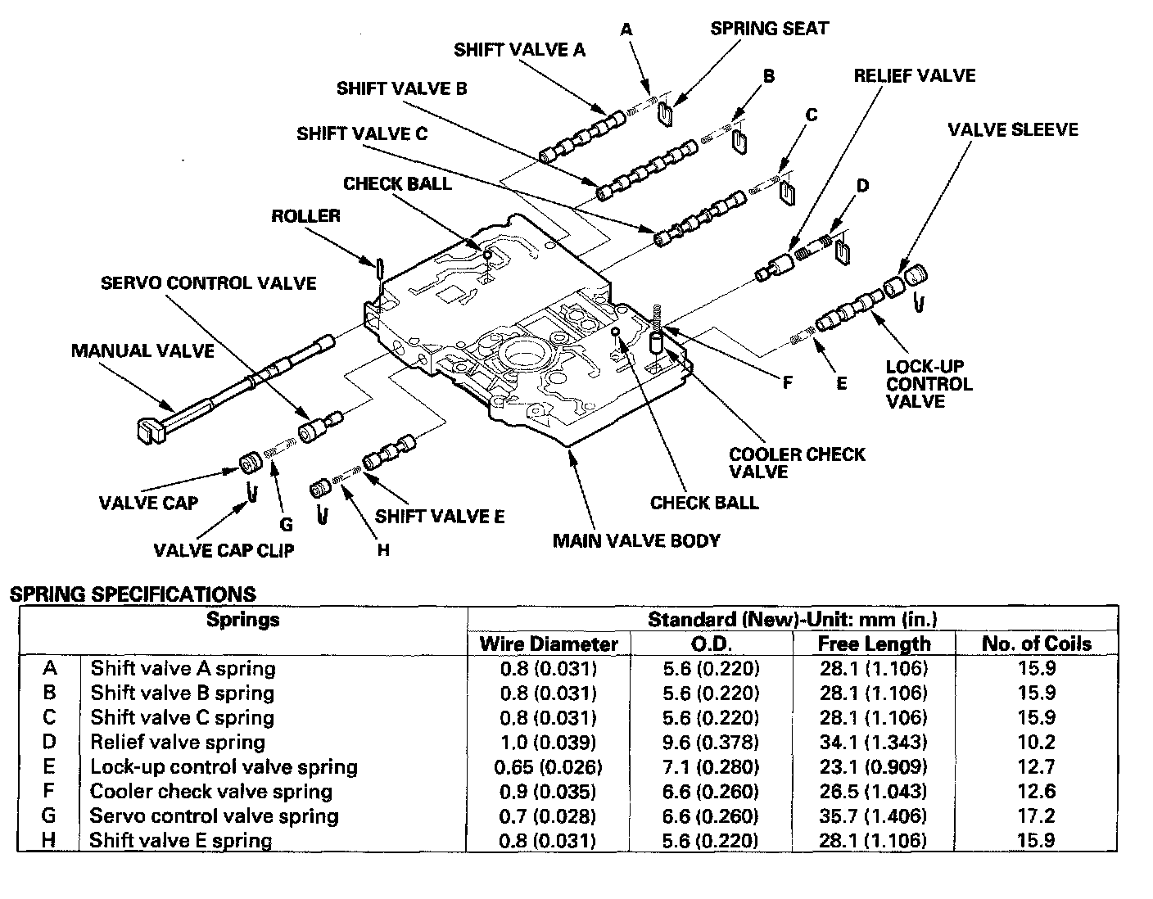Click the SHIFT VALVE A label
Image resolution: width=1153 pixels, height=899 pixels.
pos(519,50)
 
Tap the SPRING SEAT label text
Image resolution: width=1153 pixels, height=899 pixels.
pos(769,29)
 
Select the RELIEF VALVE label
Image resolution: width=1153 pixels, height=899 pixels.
pos(914,76)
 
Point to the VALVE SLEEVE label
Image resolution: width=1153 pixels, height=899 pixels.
pos(1012,129)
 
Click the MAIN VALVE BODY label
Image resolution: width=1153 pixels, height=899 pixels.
pos(636,540)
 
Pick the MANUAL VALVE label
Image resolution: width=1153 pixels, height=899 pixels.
pos(142,351)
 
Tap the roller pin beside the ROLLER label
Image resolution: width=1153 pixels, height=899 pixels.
pos(380,267)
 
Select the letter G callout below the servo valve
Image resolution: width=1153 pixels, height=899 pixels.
pos(286,524)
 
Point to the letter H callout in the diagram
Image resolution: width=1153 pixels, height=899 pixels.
pos(383,550)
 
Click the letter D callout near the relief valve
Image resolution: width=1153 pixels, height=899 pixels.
pos(862,186)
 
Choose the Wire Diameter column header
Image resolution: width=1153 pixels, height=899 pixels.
pos(549,644)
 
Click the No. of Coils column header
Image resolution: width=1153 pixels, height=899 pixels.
pos(1036,644)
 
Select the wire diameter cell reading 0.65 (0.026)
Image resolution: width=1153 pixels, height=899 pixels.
pos(549,767)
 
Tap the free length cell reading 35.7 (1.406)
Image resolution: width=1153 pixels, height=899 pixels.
pos(874,816)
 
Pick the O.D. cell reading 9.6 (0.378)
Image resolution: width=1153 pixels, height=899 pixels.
pos(712,743)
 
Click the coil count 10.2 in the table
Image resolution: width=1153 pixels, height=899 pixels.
pos(1036,743)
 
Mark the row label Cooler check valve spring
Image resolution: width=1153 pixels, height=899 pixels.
pos(211,792)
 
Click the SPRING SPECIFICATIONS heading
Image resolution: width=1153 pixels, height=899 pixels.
pos(133,594)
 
